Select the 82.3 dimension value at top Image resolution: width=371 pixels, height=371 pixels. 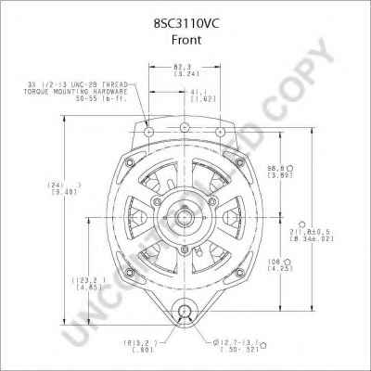pos(182,68)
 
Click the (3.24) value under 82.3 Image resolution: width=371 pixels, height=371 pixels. pos(182,75)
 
